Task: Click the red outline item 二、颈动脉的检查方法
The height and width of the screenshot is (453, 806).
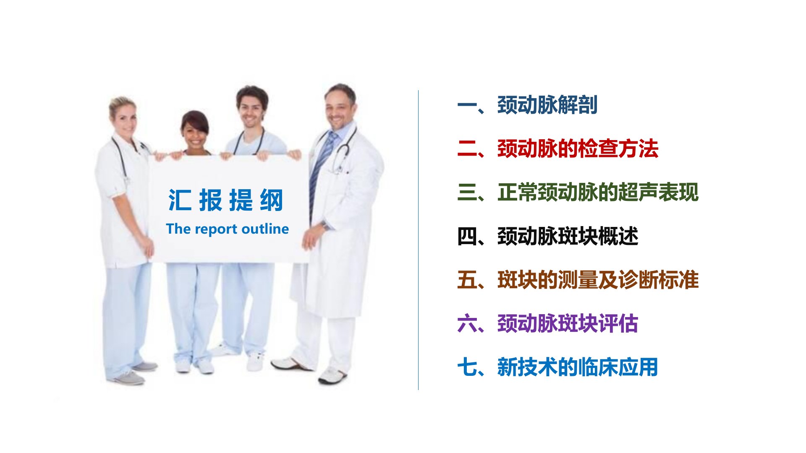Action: point(558,148)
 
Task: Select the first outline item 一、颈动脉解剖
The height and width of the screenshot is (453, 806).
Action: point(527,105)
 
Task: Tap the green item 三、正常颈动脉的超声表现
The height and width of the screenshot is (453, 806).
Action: point(578,192)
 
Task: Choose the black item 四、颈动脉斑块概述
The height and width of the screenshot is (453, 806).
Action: point(548,236)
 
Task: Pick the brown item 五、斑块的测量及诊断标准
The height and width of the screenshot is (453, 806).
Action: point(578,280)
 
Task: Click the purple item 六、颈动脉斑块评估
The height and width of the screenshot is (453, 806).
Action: point(548,323)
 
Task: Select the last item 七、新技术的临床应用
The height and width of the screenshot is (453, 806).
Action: point(558,367)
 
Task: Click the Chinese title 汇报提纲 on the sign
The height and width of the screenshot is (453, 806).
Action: point(226,200)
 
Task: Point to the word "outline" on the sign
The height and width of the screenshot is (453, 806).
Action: point(265,229)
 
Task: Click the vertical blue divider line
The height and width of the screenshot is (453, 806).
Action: point(418,240)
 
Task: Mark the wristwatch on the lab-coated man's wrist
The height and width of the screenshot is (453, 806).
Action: point(326,226)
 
